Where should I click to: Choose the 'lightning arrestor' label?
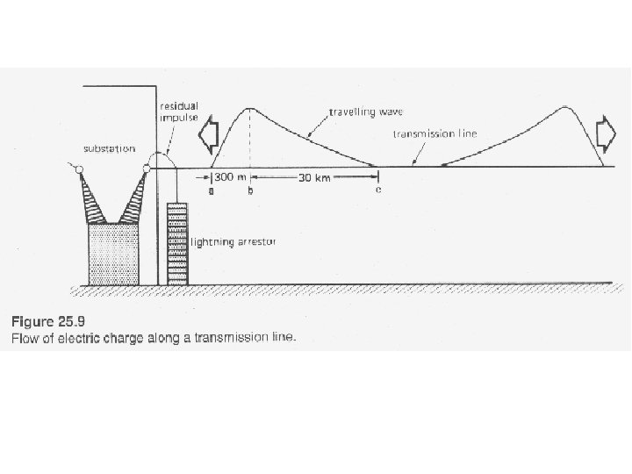(x=233, y=241)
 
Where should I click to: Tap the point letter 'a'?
(x=211, y=190)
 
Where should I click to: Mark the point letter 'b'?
(x=251, y=190)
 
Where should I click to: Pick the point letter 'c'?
(x=378, y=190)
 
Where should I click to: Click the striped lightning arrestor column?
(x=177, y=242)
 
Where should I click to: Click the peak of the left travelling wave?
(x=251, y=109)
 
